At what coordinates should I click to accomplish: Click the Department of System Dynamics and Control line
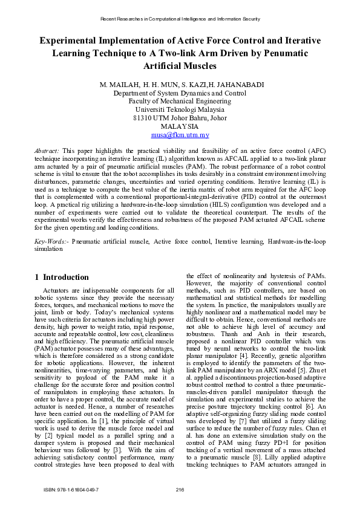[180, 94]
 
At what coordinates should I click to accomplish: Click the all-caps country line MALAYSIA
[180, 127]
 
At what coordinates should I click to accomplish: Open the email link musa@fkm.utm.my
[180, 135]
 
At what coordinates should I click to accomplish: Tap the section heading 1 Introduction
[61, 277]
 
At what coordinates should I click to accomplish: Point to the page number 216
[180, 488]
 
